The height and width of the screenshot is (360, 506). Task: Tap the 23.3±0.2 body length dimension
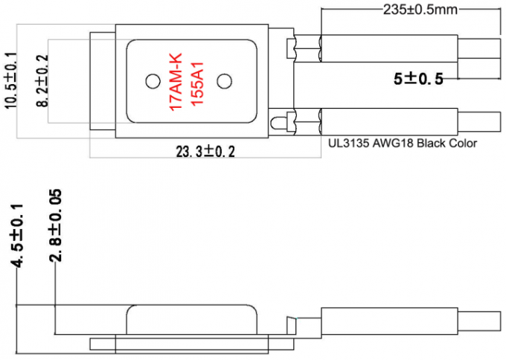pyautogui.click(x=205, y=151)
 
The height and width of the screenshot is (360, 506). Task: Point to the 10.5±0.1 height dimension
pyautogui.click(x=10, y=81)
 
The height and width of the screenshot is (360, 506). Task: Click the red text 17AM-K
pyautogui.click(x=176, y=81)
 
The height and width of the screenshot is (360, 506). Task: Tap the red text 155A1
pyautogui.click(x=197, y=83)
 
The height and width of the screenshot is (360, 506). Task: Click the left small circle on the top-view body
pyautogui.click(x=153, y=80)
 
